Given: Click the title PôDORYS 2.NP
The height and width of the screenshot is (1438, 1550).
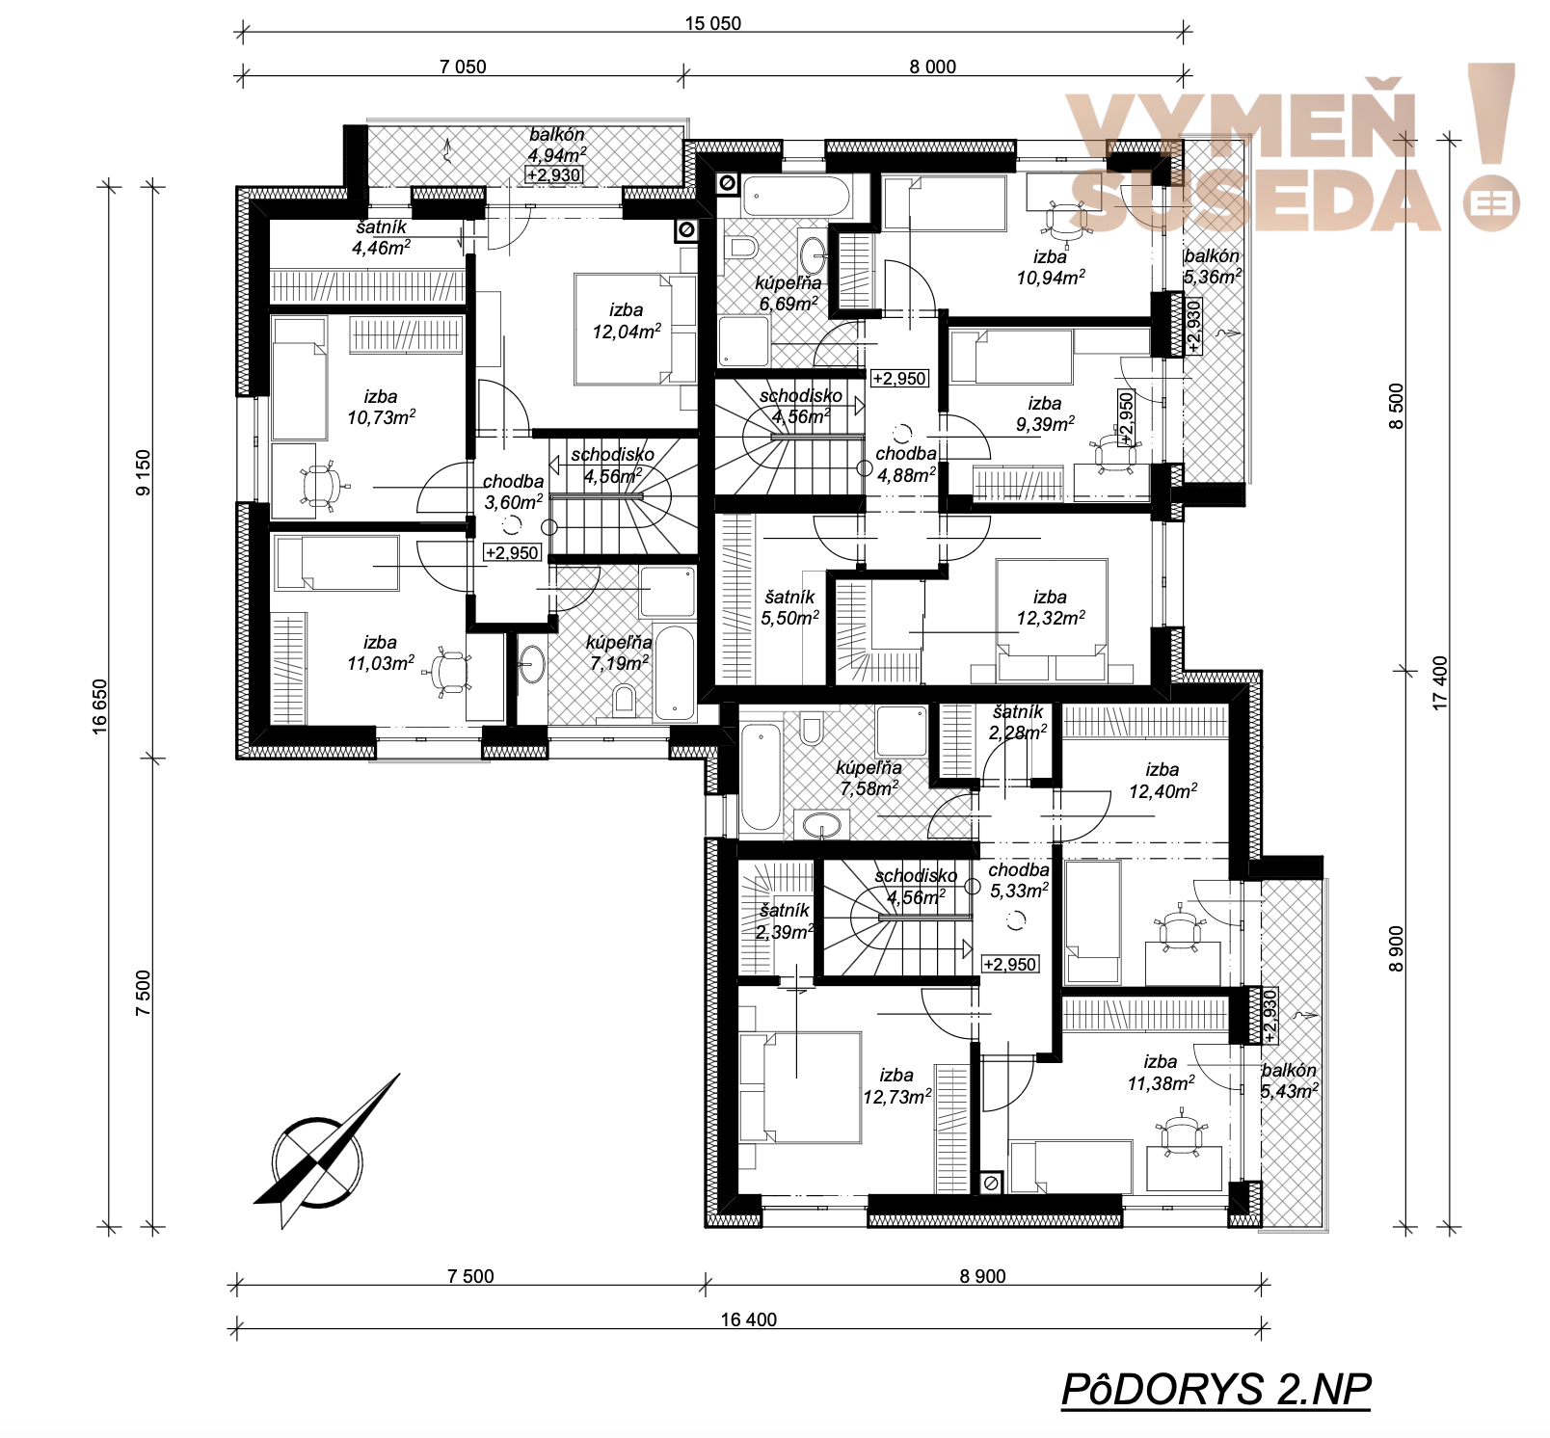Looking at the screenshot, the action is coord(1216,1390).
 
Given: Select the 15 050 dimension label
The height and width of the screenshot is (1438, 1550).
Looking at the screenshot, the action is coord(713,23).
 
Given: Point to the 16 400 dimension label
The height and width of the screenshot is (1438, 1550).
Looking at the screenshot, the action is coord(749,1319).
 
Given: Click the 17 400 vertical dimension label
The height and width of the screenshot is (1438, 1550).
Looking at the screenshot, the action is coord(1440,683).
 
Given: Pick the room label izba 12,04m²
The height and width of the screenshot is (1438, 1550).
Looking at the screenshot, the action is coord(627,321).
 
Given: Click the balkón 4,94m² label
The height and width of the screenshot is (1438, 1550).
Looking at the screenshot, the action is coord(557,145).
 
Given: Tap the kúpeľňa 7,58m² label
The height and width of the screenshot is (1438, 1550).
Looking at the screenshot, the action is coord(869,778).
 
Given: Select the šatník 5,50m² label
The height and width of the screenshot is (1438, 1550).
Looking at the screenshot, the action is coord(790,607).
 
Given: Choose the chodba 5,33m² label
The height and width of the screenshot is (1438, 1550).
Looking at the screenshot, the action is coord(1019,880).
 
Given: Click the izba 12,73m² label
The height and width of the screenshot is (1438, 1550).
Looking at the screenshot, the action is coord(897,1086).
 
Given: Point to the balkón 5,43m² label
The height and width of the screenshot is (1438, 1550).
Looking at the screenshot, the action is coord(1290,1080).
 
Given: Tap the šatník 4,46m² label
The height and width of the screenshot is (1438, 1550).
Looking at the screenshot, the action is coord(382,237).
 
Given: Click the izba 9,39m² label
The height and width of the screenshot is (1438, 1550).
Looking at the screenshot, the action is coord(1045,413).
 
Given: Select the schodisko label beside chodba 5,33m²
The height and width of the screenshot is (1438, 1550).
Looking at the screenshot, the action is coord(917,876).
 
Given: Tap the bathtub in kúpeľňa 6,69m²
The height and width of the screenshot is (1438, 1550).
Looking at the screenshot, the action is coord(795,197).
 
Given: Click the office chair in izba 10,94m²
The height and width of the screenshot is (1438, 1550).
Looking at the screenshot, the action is coord(1064,221).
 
